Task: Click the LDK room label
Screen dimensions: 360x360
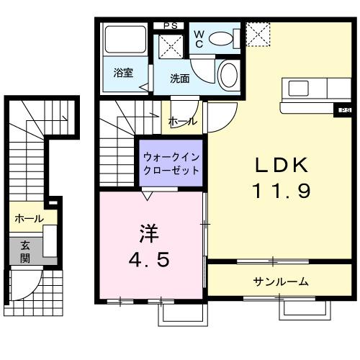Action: pyautogui.click(x=282, y=165)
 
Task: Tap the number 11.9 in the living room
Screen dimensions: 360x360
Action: pyautogui.click(x=282, y=191)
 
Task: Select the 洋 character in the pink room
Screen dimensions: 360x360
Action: pyautogui.click(x=148, y=234)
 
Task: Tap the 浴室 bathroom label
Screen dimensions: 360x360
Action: pyautogui.click(x=123, y=73)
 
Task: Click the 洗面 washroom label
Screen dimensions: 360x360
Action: pyautogui.click(x=180, y=78)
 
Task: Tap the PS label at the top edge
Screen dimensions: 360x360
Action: pyautogui.click(x=171, y=26)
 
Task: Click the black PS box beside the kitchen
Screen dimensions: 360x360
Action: pyautogui.click(x=345, y=109)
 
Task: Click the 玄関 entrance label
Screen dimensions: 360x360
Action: pyautogui.click(x=24, y=249)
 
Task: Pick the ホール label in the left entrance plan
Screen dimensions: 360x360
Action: pyautogui.click(x=28, y=218)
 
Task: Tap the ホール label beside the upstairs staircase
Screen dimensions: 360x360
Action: pyautogui.click(x=182, y=122)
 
